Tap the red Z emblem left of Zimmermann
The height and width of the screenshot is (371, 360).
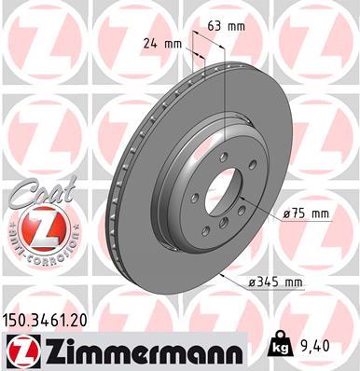21,350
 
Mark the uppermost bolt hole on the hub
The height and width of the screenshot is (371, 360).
214,161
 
